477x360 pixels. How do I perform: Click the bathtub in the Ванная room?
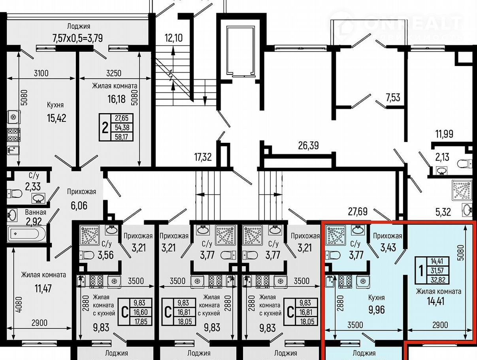26,234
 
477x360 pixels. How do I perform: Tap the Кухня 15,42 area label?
57,118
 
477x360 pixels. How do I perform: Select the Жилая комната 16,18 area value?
117,99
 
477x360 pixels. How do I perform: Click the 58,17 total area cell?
122,137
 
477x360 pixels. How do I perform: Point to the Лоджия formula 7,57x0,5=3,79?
78,38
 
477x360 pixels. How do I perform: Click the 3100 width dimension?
41,73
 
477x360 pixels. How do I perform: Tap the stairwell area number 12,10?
173,38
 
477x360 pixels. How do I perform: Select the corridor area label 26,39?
308,146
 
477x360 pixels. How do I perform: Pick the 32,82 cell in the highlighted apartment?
438,280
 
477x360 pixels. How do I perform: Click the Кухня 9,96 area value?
377,309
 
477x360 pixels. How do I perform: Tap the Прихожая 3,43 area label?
388,248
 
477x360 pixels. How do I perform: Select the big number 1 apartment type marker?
421,271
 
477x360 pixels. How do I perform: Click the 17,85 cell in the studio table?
141,321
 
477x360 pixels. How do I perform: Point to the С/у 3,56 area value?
106,255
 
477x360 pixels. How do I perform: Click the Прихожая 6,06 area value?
79,206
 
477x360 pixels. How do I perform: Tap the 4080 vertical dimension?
19,305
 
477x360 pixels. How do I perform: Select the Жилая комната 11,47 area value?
43,289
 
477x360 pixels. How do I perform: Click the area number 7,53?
393,98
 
